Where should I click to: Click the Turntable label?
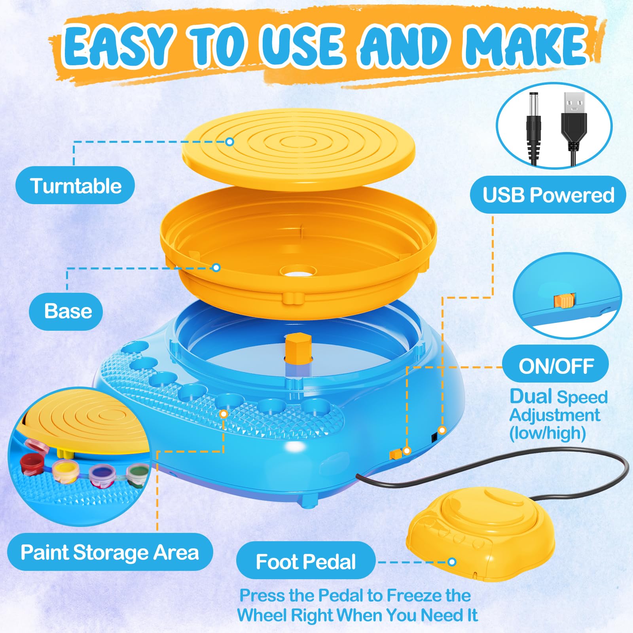click(x=75, y=186)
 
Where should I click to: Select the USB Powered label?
click(x=548, y=195)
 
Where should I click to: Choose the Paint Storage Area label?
click(x=110, y=552)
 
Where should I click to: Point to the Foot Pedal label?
click(x=306, y=561)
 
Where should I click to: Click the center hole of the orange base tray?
click(x=298, y=271)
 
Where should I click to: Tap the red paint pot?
click(x=31, y=464)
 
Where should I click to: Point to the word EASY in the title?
click(x=119, y=46)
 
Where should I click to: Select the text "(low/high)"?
click(x=548, y=433)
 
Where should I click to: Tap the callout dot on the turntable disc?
click(x=230, y=141)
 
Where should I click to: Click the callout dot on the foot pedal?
click(x=452, y=562)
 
